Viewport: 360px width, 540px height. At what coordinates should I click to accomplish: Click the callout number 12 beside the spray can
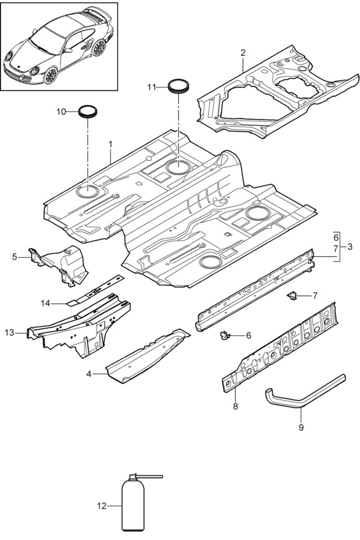(101, 506)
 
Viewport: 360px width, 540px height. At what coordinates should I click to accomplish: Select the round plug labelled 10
(88, 112)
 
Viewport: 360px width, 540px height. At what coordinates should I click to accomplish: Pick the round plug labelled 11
(178, 86)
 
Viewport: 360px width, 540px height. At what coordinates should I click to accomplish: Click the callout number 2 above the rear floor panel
(243, 53)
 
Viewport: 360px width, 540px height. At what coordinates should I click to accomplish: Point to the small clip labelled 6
(224, 334)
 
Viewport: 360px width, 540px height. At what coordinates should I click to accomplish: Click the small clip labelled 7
(292, 295)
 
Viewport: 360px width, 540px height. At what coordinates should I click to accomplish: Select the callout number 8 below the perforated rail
(236, 406)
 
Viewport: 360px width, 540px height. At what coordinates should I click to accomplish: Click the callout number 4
(89, 374)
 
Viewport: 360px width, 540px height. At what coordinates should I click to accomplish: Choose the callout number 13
(10, 332)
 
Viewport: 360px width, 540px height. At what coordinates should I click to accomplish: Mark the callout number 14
(45, 303)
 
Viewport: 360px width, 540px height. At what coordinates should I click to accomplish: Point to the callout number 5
(14, 257)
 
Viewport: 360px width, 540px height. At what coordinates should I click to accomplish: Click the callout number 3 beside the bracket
(350, 247)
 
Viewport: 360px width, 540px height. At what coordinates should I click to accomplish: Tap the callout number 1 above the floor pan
(110, 144)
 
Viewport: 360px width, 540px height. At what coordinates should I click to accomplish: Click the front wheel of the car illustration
(50, 75)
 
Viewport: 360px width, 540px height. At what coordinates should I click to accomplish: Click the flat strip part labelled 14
(95, 290)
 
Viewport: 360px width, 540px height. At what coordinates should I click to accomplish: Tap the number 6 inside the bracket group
(336, 237)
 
